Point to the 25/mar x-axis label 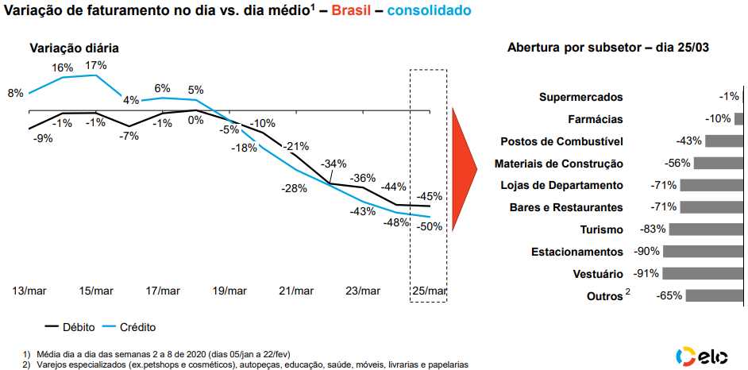coord(428,291)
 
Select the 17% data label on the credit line coord(96,65)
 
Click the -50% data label coord(430,226)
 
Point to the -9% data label coord(43,138)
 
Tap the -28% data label coord(294,188)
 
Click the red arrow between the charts coord(463,167)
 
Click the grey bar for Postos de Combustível coord(724,141)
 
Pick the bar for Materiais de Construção coord(719,164)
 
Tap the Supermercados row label coord(580,97)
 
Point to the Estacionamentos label coord(576,252)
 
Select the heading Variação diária coord(74,48)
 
